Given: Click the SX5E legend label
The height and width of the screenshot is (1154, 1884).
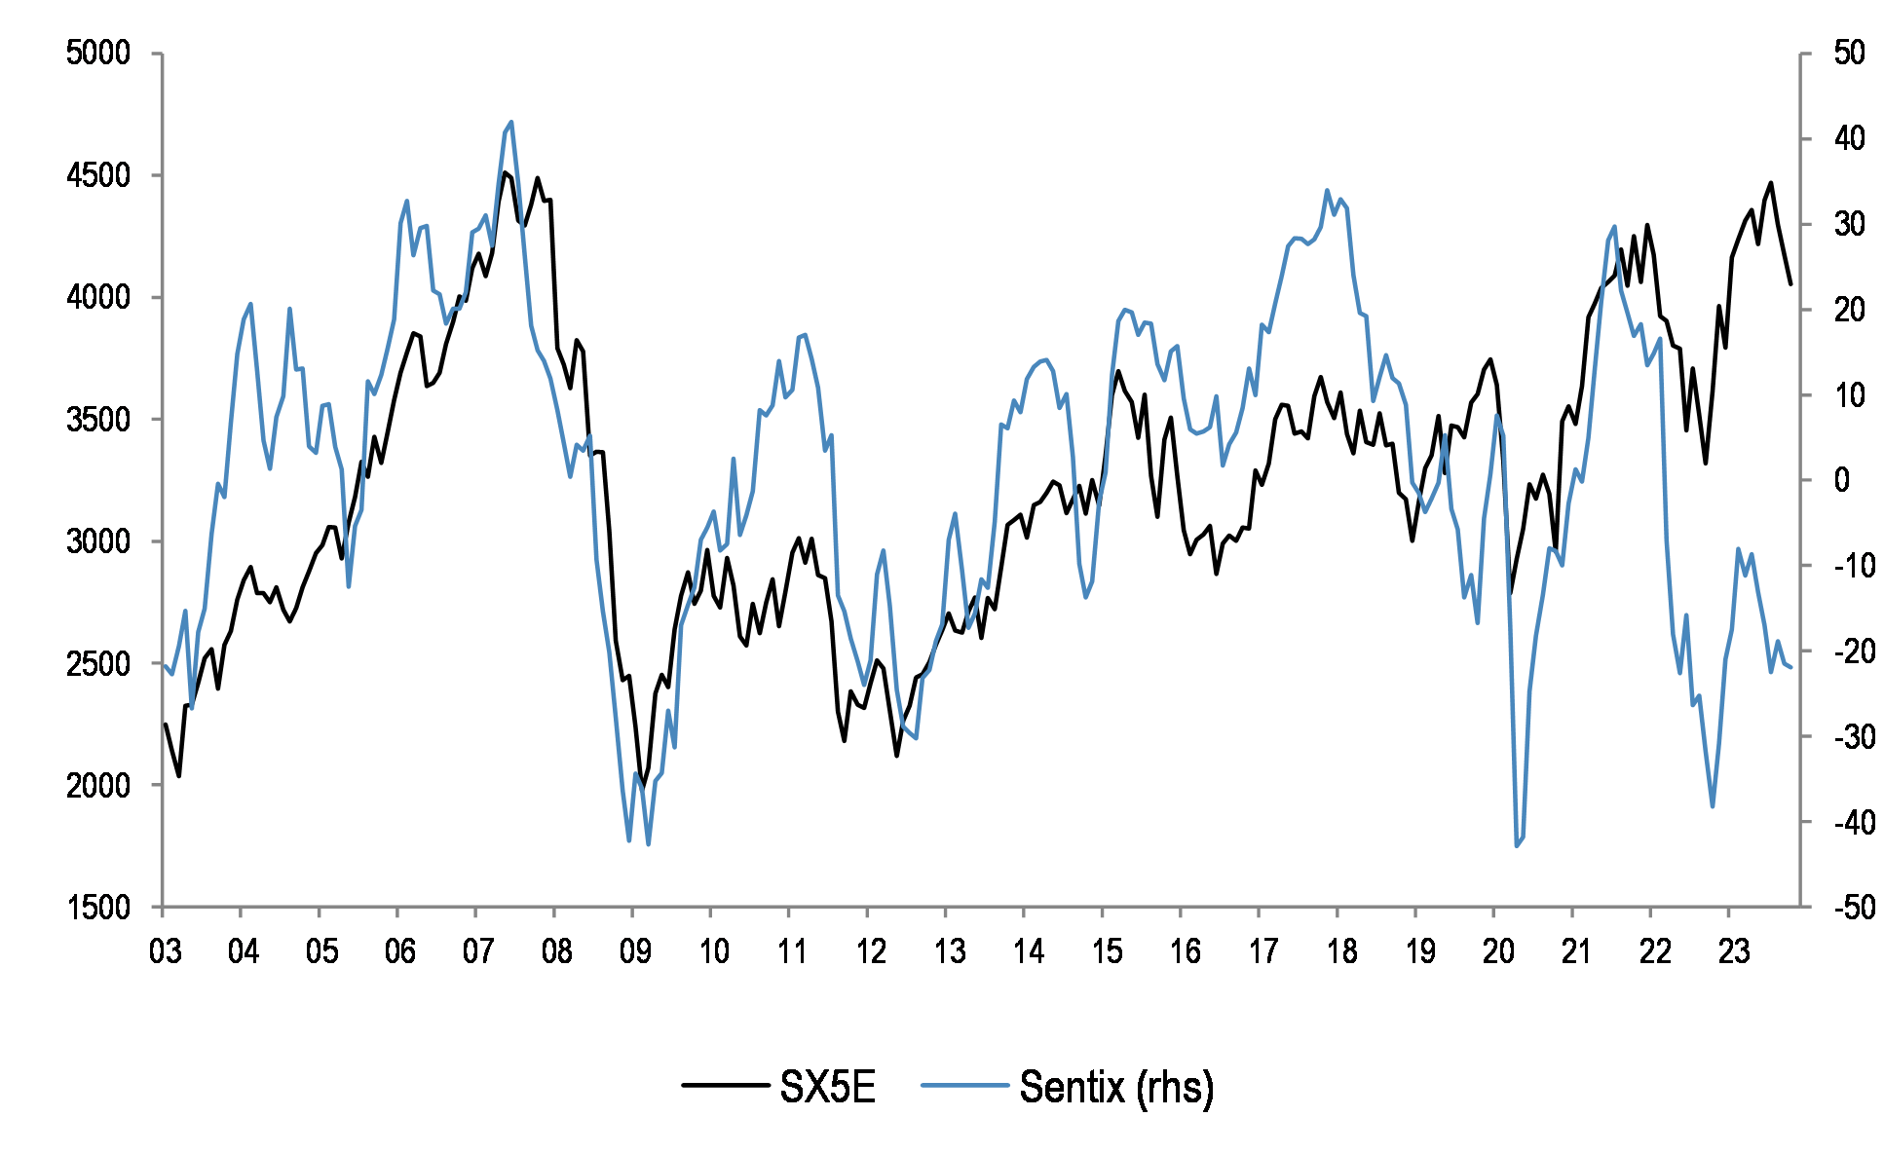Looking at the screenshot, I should click(x=827, y=1087).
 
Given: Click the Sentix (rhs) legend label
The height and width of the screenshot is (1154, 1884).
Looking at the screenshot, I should click(x=1116, y=1087).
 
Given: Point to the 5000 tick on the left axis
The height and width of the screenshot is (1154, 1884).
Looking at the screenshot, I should click(x=97, y=53).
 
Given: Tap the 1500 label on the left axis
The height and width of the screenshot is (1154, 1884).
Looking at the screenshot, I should click(x=97, y=908).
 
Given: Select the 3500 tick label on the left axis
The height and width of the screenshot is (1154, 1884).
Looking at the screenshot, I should click(x=97, y=420).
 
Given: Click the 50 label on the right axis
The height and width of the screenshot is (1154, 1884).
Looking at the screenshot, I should click(x=1849, y=53).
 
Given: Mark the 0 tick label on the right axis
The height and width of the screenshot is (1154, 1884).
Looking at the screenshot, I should click(x=1841, y=480).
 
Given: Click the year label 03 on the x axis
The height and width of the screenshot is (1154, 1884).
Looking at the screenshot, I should click(x=165, y=951).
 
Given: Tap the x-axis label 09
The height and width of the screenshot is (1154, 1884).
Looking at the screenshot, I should click(x=634, y=951).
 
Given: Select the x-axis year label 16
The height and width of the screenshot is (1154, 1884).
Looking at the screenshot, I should click(x=1184, y=951).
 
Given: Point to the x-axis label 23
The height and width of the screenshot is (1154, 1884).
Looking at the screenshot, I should click(x=1733, y=951).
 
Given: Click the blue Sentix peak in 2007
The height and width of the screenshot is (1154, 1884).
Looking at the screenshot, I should click(x=511, y=123).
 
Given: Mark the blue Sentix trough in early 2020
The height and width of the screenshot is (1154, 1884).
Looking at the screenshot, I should click(x=1517, y=845).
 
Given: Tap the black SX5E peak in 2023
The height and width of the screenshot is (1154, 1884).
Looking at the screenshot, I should click(x=1771, y=182).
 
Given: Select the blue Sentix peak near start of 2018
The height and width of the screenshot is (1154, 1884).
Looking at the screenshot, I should click(x=1327, y=190).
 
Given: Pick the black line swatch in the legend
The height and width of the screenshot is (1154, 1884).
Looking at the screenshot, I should click(x=724, y=1085).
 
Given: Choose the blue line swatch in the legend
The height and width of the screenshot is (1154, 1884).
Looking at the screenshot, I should click(x=963, y=1085).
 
